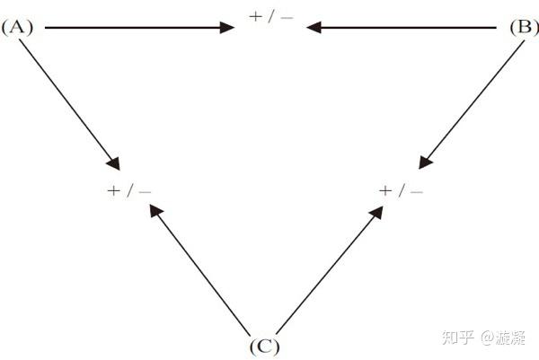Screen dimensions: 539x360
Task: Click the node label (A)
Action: click(x=17, y=28)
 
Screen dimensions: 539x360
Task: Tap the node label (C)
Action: click(x=264, y=347)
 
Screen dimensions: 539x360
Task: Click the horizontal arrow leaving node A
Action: click(x=139, y=28)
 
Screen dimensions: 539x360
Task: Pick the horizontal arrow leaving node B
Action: click(x=402, y=28)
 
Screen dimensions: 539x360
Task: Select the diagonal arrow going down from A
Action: click(x=69, y=105)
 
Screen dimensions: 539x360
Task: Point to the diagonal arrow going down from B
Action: click(x=472, y=105)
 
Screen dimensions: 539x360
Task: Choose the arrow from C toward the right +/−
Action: click(x=330, y=270)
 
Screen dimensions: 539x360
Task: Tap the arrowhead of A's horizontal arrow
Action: click(x=227, y=28)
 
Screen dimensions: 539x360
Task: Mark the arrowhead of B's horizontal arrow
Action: click(x=314, y=28)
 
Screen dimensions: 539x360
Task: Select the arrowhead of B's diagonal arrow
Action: click(x=425, y=162)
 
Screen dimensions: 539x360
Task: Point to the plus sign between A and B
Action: click(x=255, y=16)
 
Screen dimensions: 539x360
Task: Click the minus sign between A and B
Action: click(x=287, y=17)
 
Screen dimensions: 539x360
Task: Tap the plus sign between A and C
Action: click(x=113, y=190)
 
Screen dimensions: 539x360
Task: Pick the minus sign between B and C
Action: click(x=417, y=191)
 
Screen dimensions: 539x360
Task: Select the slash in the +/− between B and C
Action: click(x=402, y=190)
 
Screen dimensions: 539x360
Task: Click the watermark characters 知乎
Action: click(x=458, y=338)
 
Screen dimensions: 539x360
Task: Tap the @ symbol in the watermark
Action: click(x=488, y=338)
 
